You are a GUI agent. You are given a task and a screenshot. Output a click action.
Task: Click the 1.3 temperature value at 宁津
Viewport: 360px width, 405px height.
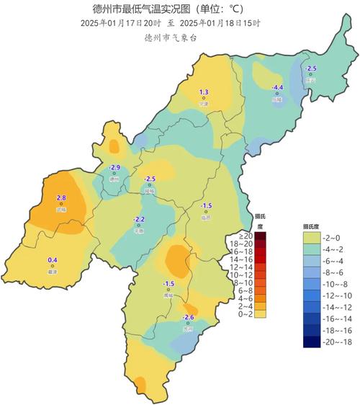tap(204, 92)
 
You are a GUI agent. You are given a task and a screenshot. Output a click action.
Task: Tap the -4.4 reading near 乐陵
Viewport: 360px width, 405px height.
tap(277, 88)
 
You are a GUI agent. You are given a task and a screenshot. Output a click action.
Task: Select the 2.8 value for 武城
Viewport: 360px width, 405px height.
tap(61, 197)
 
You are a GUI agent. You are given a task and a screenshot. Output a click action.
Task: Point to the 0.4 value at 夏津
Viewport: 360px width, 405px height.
tap(52, 259)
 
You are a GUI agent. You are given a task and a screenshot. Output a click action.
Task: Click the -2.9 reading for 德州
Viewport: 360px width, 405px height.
tap(114, 167)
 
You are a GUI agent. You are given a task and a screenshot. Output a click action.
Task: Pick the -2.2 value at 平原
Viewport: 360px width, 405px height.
tap(140, 219)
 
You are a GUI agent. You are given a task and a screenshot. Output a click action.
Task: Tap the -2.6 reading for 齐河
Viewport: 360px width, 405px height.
tap(189, 317)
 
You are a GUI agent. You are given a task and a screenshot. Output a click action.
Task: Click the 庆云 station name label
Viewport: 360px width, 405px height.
tap(310, 81)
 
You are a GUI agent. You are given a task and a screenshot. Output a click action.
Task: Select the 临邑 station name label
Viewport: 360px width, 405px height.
tap(206, 217)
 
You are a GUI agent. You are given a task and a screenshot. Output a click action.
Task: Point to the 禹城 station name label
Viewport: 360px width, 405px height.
tap(169, 295)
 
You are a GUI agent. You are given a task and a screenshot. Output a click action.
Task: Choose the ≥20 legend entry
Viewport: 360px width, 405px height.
tap(246, 236)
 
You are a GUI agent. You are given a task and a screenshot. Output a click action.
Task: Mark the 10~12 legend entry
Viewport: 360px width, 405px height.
tap(246, 275)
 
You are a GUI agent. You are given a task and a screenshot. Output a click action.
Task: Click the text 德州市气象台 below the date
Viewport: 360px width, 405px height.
tap(170, 37)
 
